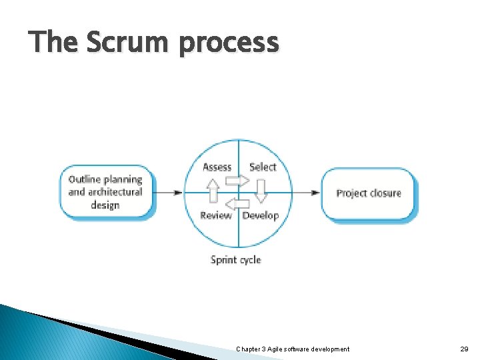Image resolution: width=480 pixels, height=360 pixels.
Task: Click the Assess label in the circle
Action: (217, 167)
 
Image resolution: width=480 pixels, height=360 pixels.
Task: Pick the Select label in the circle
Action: (263, 167)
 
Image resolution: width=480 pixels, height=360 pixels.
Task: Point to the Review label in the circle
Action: (216, 215)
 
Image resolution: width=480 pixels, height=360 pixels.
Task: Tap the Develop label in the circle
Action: (261, 215)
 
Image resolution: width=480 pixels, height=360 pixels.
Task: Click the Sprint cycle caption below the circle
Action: (236, 259)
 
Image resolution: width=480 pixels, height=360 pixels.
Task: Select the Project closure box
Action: (369, 193)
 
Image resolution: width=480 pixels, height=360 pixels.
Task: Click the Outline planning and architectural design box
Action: (106, 192)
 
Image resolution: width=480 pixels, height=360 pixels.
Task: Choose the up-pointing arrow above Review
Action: (213, 193)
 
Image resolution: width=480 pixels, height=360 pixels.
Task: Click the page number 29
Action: (465, 349)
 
